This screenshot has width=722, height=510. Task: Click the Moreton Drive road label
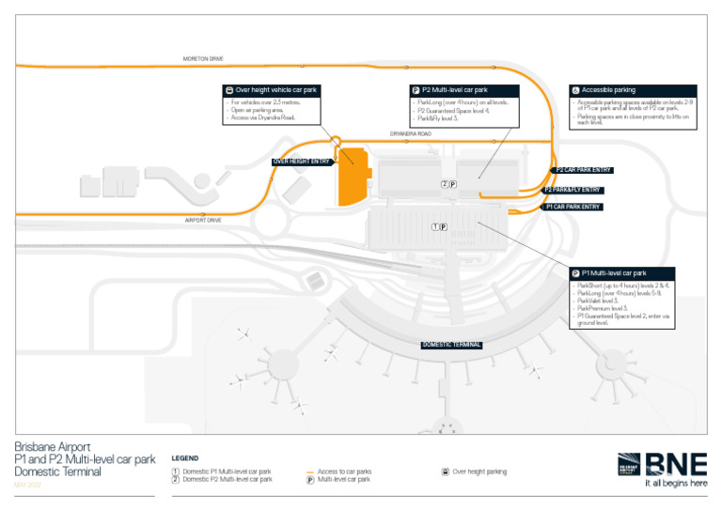click(x=203, y=59)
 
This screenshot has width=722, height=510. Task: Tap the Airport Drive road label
click(x=203, y=220)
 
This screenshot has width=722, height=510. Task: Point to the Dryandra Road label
click(x=411, y=134)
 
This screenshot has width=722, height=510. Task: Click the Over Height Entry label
click(x=301, y=162)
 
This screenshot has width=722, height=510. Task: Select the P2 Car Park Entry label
click(x=583, y=170)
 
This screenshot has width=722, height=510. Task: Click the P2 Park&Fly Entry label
click(x=573, y=190)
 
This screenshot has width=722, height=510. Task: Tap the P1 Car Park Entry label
click(x=573, y=207)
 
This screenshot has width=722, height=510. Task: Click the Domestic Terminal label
click(x=451, y=345)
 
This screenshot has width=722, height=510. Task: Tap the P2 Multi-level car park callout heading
click(x=459, y=90)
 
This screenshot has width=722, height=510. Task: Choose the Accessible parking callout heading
click(x=608, y=90)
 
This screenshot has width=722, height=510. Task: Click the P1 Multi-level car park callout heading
click(x=613, y=273)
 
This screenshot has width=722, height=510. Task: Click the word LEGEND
click(x=184, y=458)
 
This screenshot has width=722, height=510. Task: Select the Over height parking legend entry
click(x=479, y=471)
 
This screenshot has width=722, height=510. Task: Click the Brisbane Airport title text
click(x=53, y=448)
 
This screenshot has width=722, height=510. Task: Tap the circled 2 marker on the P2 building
click(x=444, y=184)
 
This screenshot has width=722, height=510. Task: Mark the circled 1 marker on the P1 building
click(x=434, y=227)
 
